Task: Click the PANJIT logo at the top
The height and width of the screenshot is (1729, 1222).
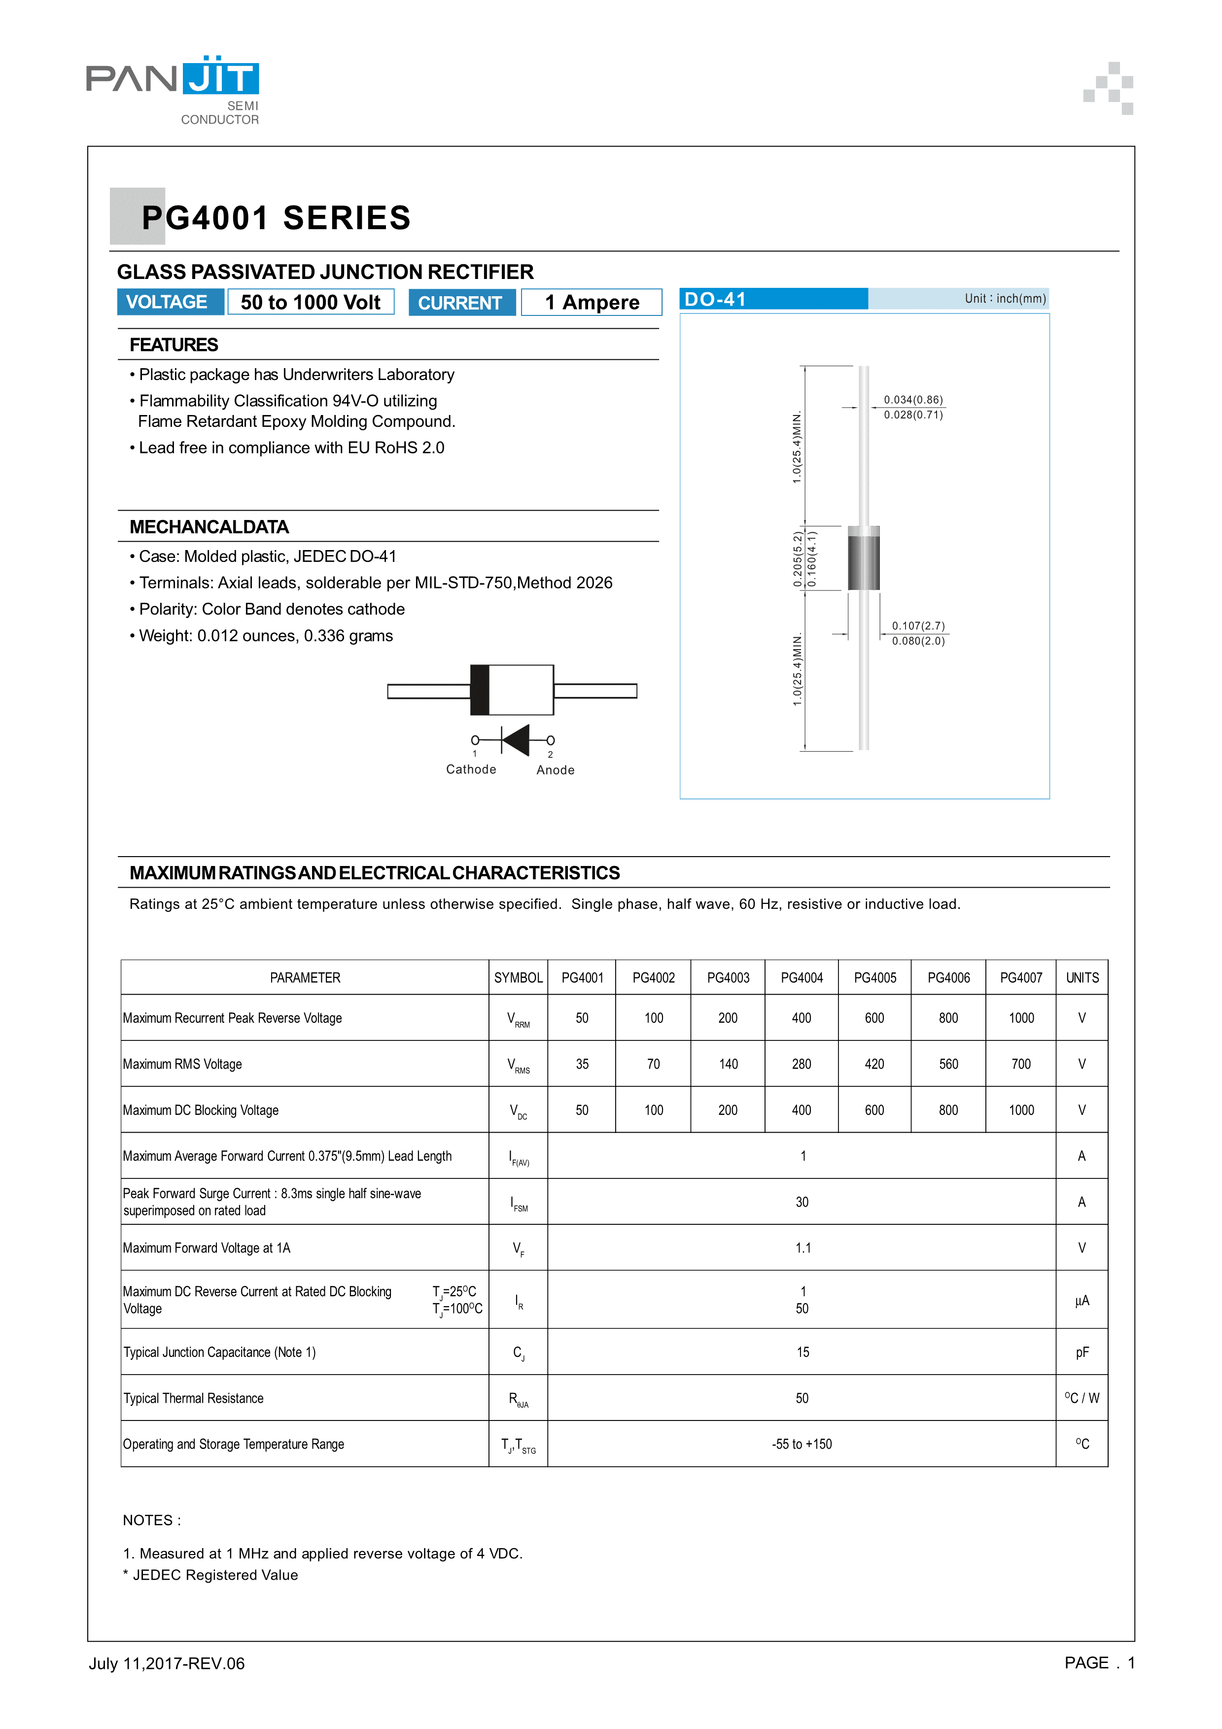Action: (173, 84)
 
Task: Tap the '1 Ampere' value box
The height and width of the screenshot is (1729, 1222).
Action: (592, 303)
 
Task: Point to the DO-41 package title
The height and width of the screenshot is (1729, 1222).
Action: (715, 300)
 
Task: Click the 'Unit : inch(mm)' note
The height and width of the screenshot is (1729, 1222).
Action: (1005, 299)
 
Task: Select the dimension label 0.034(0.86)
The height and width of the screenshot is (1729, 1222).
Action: (912, 400)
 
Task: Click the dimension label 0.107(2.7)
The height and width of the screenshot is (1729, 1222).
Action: (918, 626)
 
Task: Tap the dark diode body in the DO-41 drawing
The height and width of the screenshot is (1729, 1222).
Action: (864, 559)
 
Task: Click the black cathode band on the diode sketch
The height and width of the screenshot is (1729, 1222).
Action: (480, 690)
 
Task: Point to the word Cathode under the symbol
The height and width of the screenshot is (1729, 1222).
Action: (471, 769)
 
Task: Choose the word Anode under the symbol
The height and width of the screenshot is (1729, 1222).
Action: (555, 770)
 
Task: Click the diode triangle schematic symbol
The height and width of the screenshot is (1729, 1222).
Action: (516, 740)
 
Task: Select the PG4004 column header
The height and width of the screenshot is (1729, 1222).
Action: (801, 977)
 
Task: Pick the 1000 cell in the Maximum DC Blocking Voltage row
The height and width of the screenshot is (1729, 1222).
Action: (1021, 1110)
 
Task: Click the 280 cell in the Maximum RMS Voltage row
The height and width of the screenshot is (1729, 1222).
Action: (801, 1064)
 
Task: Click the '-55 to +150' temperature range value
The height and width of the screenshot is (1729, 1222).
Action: (802, 1444)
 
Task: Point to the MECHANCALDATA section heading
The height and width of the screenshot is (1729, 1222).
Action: (209, 527)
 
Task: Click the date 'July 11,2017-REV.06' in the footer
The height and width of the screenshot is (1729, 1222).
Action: (167, 1663)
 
